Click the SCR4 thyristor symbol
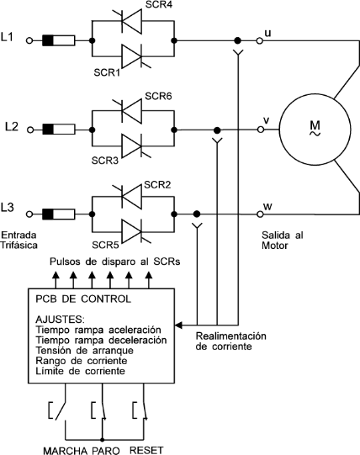[131, 21]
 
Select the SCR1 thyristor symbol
[131, 56]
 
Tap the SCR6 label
[158, 96]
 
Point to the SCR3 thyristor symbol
[131, 145]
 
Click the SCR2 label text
[157, 184]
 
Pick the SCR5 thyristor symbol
[131, 231]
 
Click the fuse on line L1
[59, 40]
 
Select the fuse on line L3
[59, 214]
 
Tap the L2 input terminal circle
[30, 130]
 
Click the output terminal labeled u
[260, 41]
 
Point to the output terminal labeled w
[260, 214]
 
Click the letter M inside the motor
[315, 125]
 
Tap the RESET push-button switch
[140, 410]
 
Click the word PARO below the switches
[106, 451]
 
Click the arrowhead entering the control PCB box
[178, 325]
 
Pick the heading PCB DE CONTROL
[83, 299]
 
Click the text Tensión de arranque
[84, 350]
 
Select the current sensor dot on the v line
[217, 130]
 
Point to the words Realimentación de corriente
[230, 341]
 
